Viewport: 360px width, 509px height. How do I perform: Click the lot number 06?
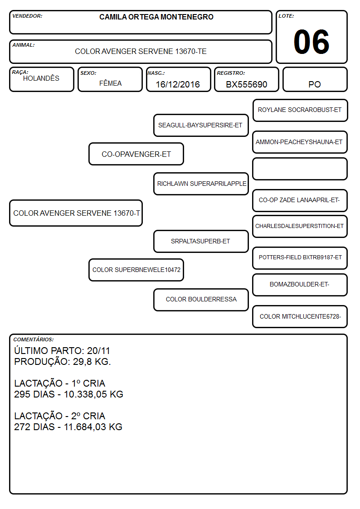click(x=311, y=42)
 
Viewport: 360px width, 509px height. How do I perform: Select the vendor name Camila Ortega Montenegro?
click(x=156, y=17)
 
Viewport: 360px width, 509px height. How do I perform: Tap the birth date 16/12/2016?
click(x=178, y=84)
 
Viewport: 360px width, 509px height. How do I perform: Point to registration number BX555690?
click(x=246, y=84)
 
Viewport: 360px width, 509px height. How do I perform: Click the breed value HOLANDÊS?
click(x=41, y=78)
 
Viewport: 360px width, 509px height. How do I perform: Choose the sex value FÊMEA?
click(x=110, y=83)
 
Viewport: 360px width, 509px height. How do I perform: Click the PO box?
click(x=315, y=79)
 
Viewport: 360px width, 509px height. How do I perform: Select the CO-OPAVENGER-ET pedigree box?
click(x=136, y=154)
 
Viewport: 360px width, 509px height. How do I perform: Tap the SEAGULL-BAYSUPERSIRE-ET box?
click(x=201, y=125)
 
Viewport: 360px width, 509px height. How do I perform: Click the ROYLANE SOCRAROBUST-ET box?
click(x=300, y=111)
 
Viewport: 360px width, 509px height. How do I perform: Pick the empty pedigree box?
click(x=300, y=169)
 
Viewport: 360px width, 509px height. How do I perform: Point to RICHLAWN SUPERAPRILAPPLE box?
click(x=201, y=184)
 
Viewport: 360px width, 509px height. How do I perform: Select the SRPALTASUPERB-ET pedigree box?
click(x=201, y=241)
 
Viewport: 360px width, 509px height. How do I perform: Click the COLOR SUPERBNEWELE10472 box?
click(x=136, y=270)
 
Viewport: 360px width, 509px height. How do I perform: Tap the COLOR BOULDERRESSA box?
click(x=201, y=300)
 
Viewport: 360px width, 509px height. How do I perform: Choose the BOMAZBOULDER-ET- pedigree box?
click(x=300, y=285)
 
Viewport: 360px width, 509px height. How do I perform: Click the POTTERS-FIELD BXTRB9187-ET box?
click(x=300, y=258)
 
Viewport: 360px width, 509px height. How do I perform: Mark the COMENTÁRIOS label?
click(x=34, y=339)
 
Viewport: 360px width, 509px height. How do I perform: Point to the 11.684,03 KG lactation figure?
click(x=93, y=427)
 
